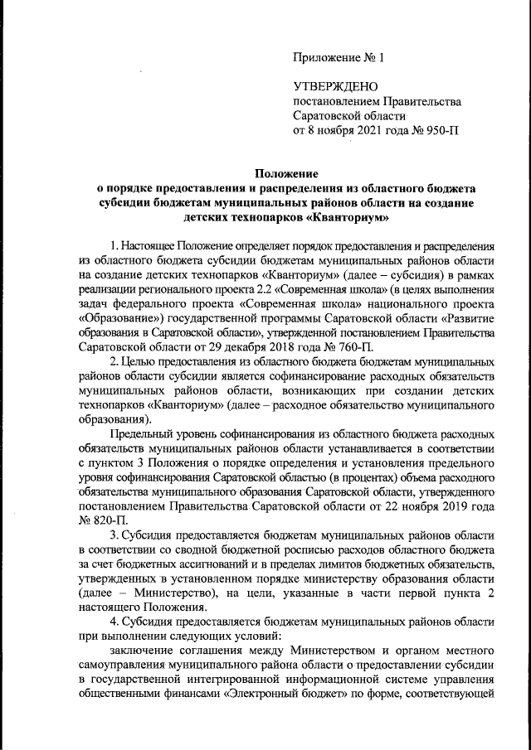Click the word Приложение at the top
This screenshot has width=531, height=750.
[326, 58]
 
